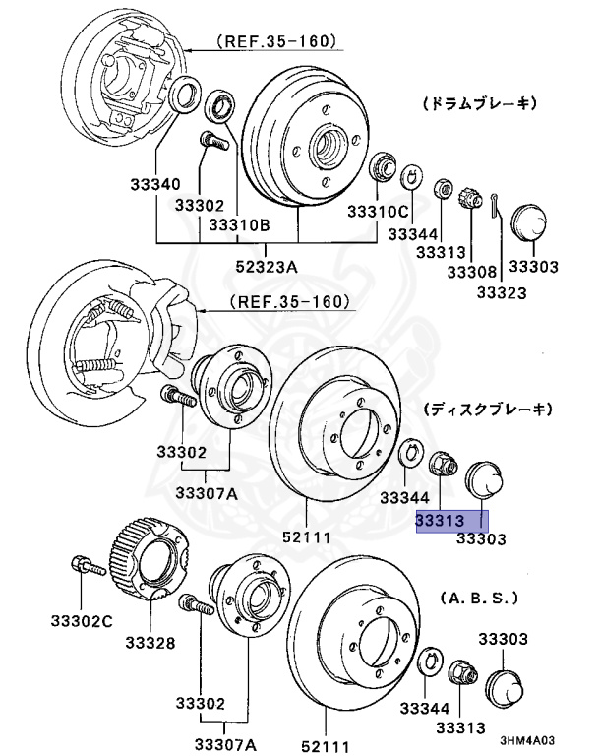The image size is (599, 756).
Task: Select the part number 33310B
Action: (x=238, y=224)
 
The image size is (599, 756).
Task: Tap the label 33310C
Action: (x=377, y=211)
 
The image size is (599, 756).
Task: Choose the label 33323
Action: (x=502, y=292)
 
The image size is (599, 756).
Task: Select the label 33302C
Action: (x=82, y=620)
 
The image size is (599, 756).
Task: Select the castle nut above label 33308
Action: (x=469, y=194)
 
